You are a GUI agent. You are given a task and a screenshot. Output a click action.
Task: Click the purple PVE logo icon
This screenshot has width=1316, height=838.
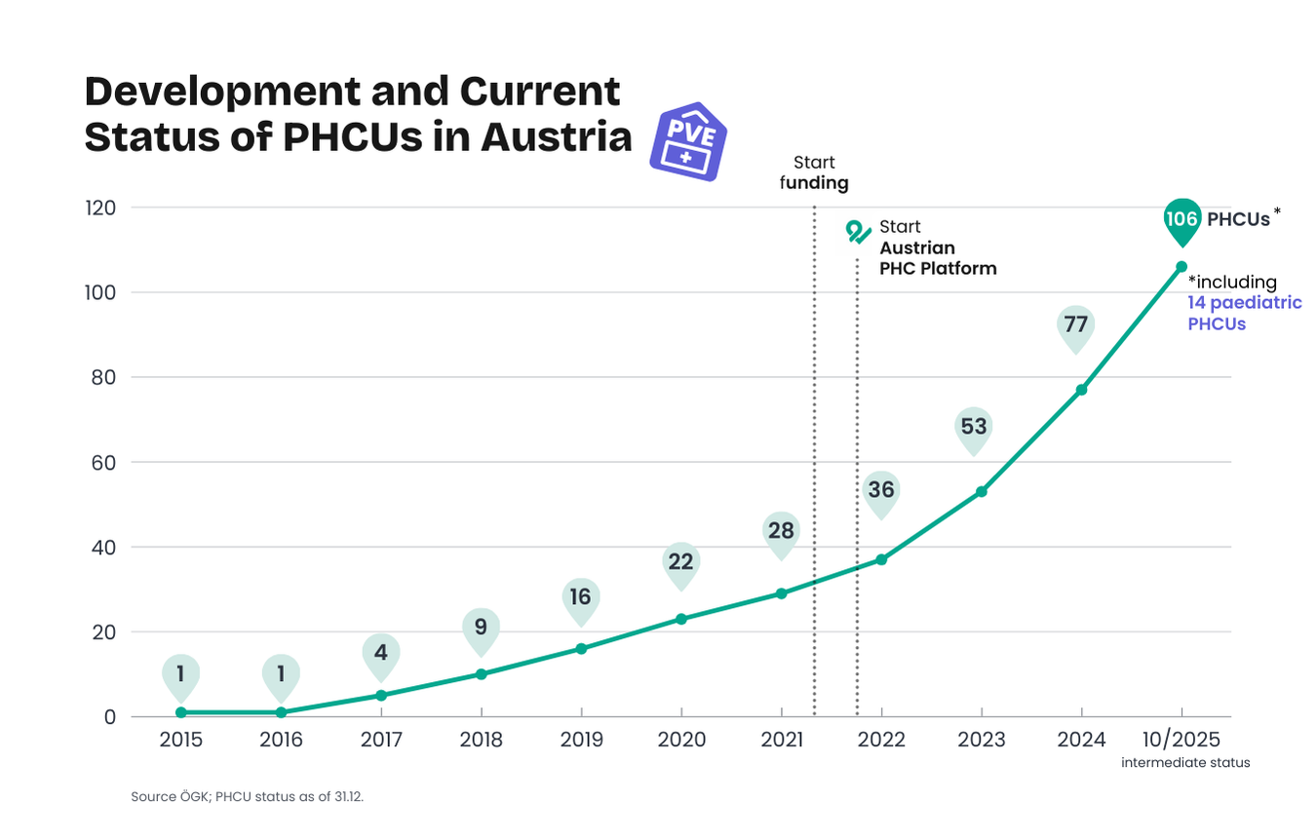coord(688,141)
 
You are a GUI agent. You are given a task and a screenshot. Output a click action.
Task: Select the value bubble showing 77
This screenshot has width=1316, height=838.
coord(1075,324)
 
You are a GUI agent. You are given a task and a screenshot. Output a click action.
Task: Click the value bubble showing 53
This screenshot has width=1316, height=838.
coord(974,427)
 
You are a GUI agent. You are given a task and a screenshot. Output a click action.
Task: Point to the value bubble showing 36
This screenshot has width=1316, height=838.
coord(881,490)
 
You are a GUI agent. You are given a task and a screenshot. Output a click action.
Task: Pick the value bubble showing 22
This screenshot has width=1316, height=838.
coord(681,562)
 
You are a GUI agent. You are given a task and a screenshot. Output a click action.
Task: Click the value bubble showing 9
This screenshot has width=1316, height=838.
coord(481,628)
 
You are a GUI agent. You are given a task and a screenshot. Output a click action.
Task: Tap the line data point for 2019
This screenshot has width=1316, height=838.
coord(581,648)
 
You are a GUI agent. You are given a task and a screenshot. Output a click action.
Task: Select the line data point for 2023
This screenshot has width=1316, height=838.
coord(982,491)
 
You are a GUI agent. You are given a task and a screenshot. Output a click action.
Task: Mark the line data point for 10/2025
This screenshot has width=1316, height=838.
coord(1181,266)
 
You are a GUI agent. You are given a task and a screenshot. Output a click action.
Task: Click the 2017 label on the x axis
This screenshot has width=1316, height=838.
coord(381,740)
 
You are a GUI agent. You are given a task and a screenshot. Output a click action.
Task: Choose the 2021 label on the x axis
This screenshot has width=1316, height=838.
coord(781,740)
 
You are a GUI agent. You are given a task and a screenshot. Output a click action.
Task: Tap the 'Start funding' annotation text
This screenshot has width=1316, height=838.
coord(814,172)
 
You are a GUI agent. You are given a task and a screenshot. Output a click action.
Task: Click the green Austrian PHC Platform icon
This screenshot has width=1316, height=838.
coord(858,232)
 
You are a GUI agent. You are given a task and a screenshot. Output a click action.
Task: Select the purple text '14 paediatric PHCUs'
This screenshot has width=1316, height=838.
coord(1243,314)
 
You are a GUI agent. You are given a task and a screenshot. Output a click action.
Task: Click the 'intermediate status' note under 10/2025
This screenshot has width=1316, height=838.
coord(1185,763)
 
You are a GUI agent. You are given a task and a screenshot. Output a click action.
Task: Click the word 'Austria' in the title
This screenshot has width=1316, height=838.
coord(556,137)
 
